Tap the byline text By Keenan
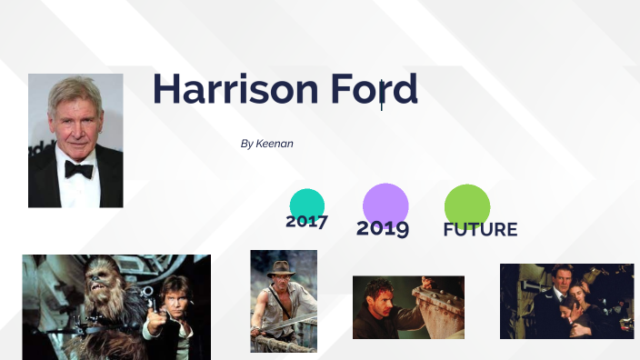coord(266,144)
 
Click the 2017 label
coord(306,221)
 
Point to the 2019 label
coord(383,228)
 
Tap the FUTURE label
coord(480,230)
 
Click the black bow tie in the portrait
coord(78,169)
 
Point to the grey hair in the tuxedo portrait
coord(73,91)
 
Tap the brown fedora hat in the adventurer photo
coord(282,268)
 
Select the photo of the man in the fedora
coord(284,301)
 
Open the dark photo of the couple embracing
coord(566,301)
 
